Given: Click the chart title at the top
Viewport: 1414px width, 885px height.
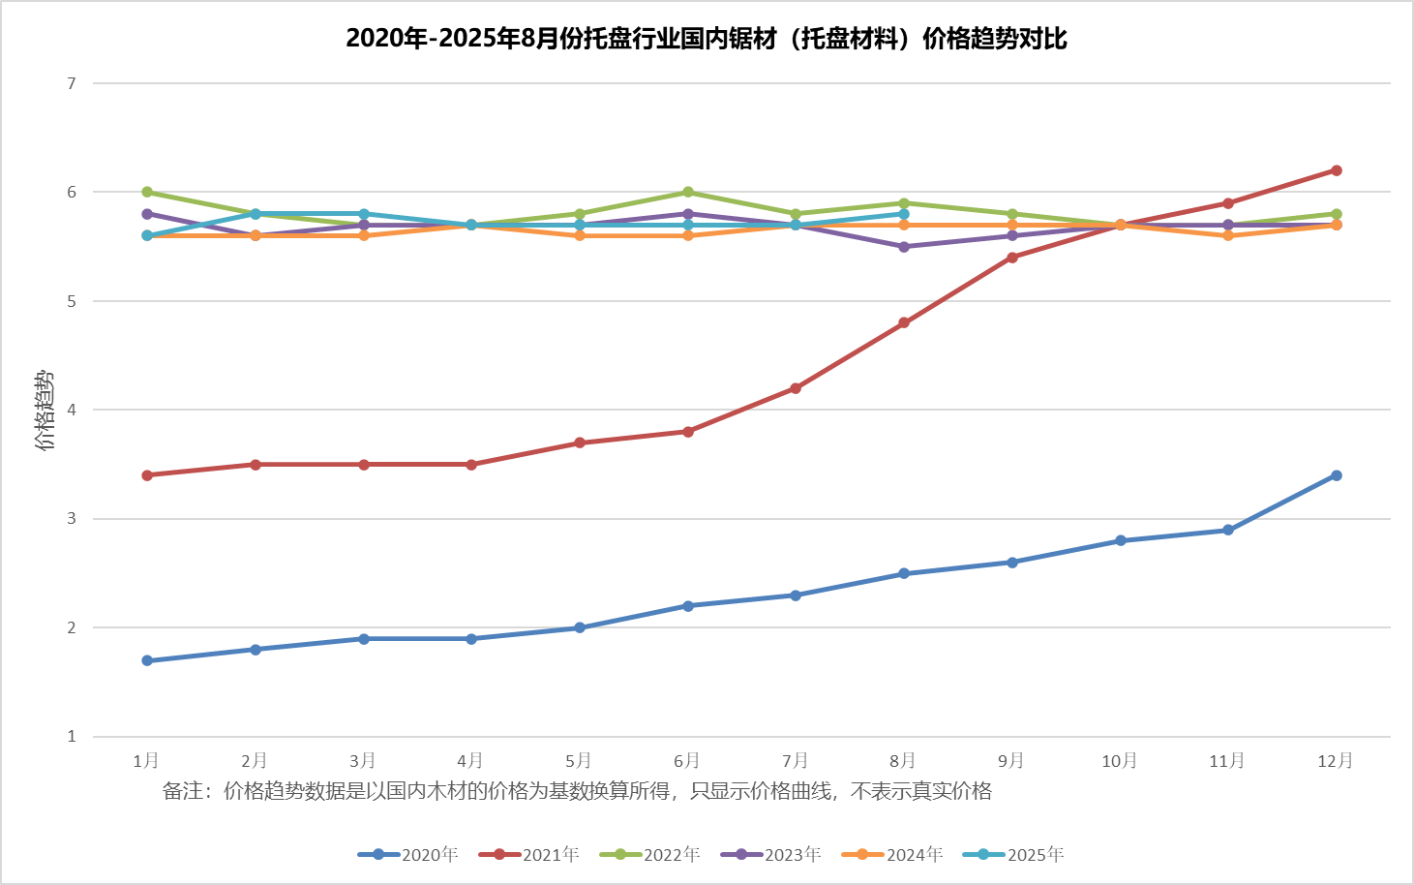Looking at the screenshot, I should (x=707, y=39).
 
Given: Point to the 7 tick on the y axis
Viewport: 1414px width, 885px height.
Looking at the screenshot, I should (x=72, y=84).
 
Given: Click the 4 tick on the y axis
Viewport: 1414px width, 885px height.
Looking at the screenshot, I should (x=72, y=411).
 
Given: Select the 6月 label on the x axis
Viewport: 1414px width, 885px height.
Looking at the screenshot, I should (x=687, y=760).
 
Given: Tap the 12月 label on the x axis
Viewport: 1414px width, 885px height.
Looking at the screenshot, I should (x=1336, y=760).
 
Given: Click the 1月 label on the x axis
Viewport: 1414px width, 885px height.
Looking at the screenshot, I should (x=146, y=760).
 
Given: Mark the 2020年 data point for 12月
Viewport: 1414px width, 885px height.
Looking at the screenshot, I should (x=1337, y=475).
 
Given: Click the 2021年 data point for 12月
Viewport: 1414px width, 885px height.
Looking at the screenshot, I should (x=1337, y=170).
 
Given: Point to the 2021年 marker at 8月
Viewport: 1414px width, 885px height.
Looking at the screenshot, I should (x=904, y=322).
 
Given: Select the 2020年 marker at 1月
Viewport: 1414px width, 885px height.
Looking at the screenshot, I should (x=147, y=660).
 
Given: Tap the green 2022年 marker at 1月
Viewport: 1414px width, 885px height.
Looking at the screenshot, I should (x=147, y=192).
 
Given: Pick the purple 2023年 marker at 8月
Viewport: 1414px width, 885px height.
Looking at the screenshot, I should (x=904, y=247).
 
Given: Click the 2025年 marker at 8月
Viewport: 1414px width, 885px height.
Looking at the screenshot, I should (x=904, y=214).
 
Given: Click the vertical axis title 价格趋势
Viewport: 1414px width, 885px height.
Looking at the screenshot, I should (x=45, y=411).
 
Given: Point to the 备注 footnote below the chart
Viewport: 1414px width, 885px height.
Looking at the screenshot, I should (x=577, y=791).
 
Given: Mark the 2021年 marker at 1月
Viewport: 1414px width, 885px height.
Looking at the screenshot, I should (x=147, y=475).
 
